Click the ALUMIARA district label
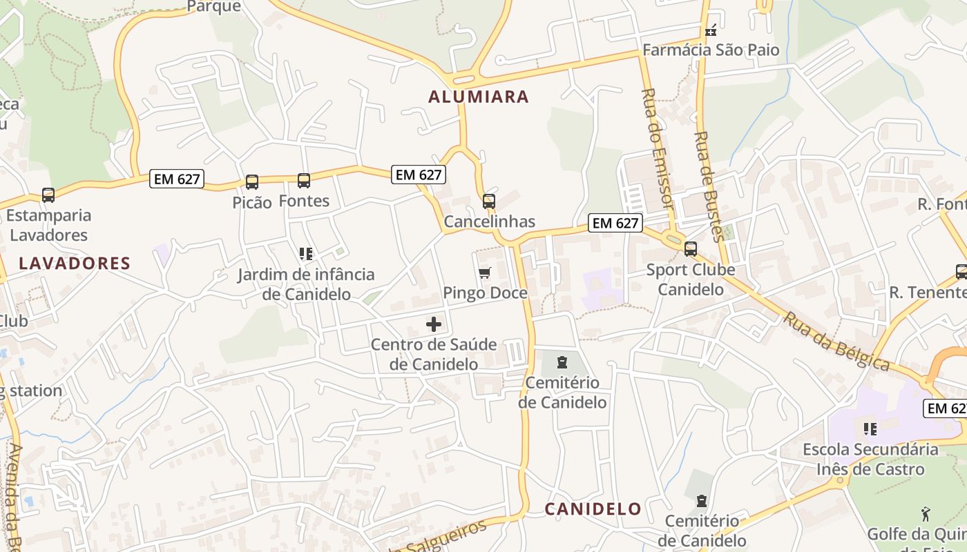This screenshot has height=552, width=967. (x=479, y=97)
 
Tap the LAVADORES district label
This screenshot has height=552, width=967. (x=75, y=263)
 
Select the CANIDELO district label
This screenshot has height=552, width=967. (x=593, y=509)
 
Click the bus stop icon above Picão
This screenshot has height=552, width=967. (x=252, y=182)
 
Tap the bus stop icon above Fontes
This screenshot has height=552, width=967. (x=304, y=181)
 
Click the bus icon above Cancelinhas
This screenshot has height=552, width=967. (x=489, y=201)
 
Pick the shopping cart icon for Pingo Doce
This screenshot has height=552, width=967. (x=484, y=273)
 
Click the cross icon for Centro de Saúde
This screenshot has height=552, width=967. (x=434, y=324)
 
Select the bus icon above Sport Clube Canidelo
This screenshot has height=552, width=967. (x=690, y=249)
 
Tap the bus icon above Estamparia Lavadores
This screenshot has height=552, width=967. (x=48, y=195)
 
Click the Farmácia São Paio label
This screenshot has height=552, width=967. (x=711, y=50)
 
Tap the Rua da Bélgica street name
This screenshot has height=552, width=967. (x=836, y=342)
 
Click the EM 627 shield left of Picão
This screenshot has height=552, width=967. (x=177, y=179)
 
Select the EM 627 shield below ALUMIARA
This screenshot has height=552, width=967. (x=418, y=175)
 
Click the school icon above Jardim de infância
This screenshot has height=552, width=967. (x=306, y=254)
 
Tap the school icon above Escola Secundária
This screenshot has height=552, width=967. (x=870, y=429)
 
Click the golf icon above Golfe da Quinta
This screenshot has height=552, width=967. (x=926, y=514)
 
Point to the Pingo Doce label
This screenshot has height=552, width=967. (x=485, y=293)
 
